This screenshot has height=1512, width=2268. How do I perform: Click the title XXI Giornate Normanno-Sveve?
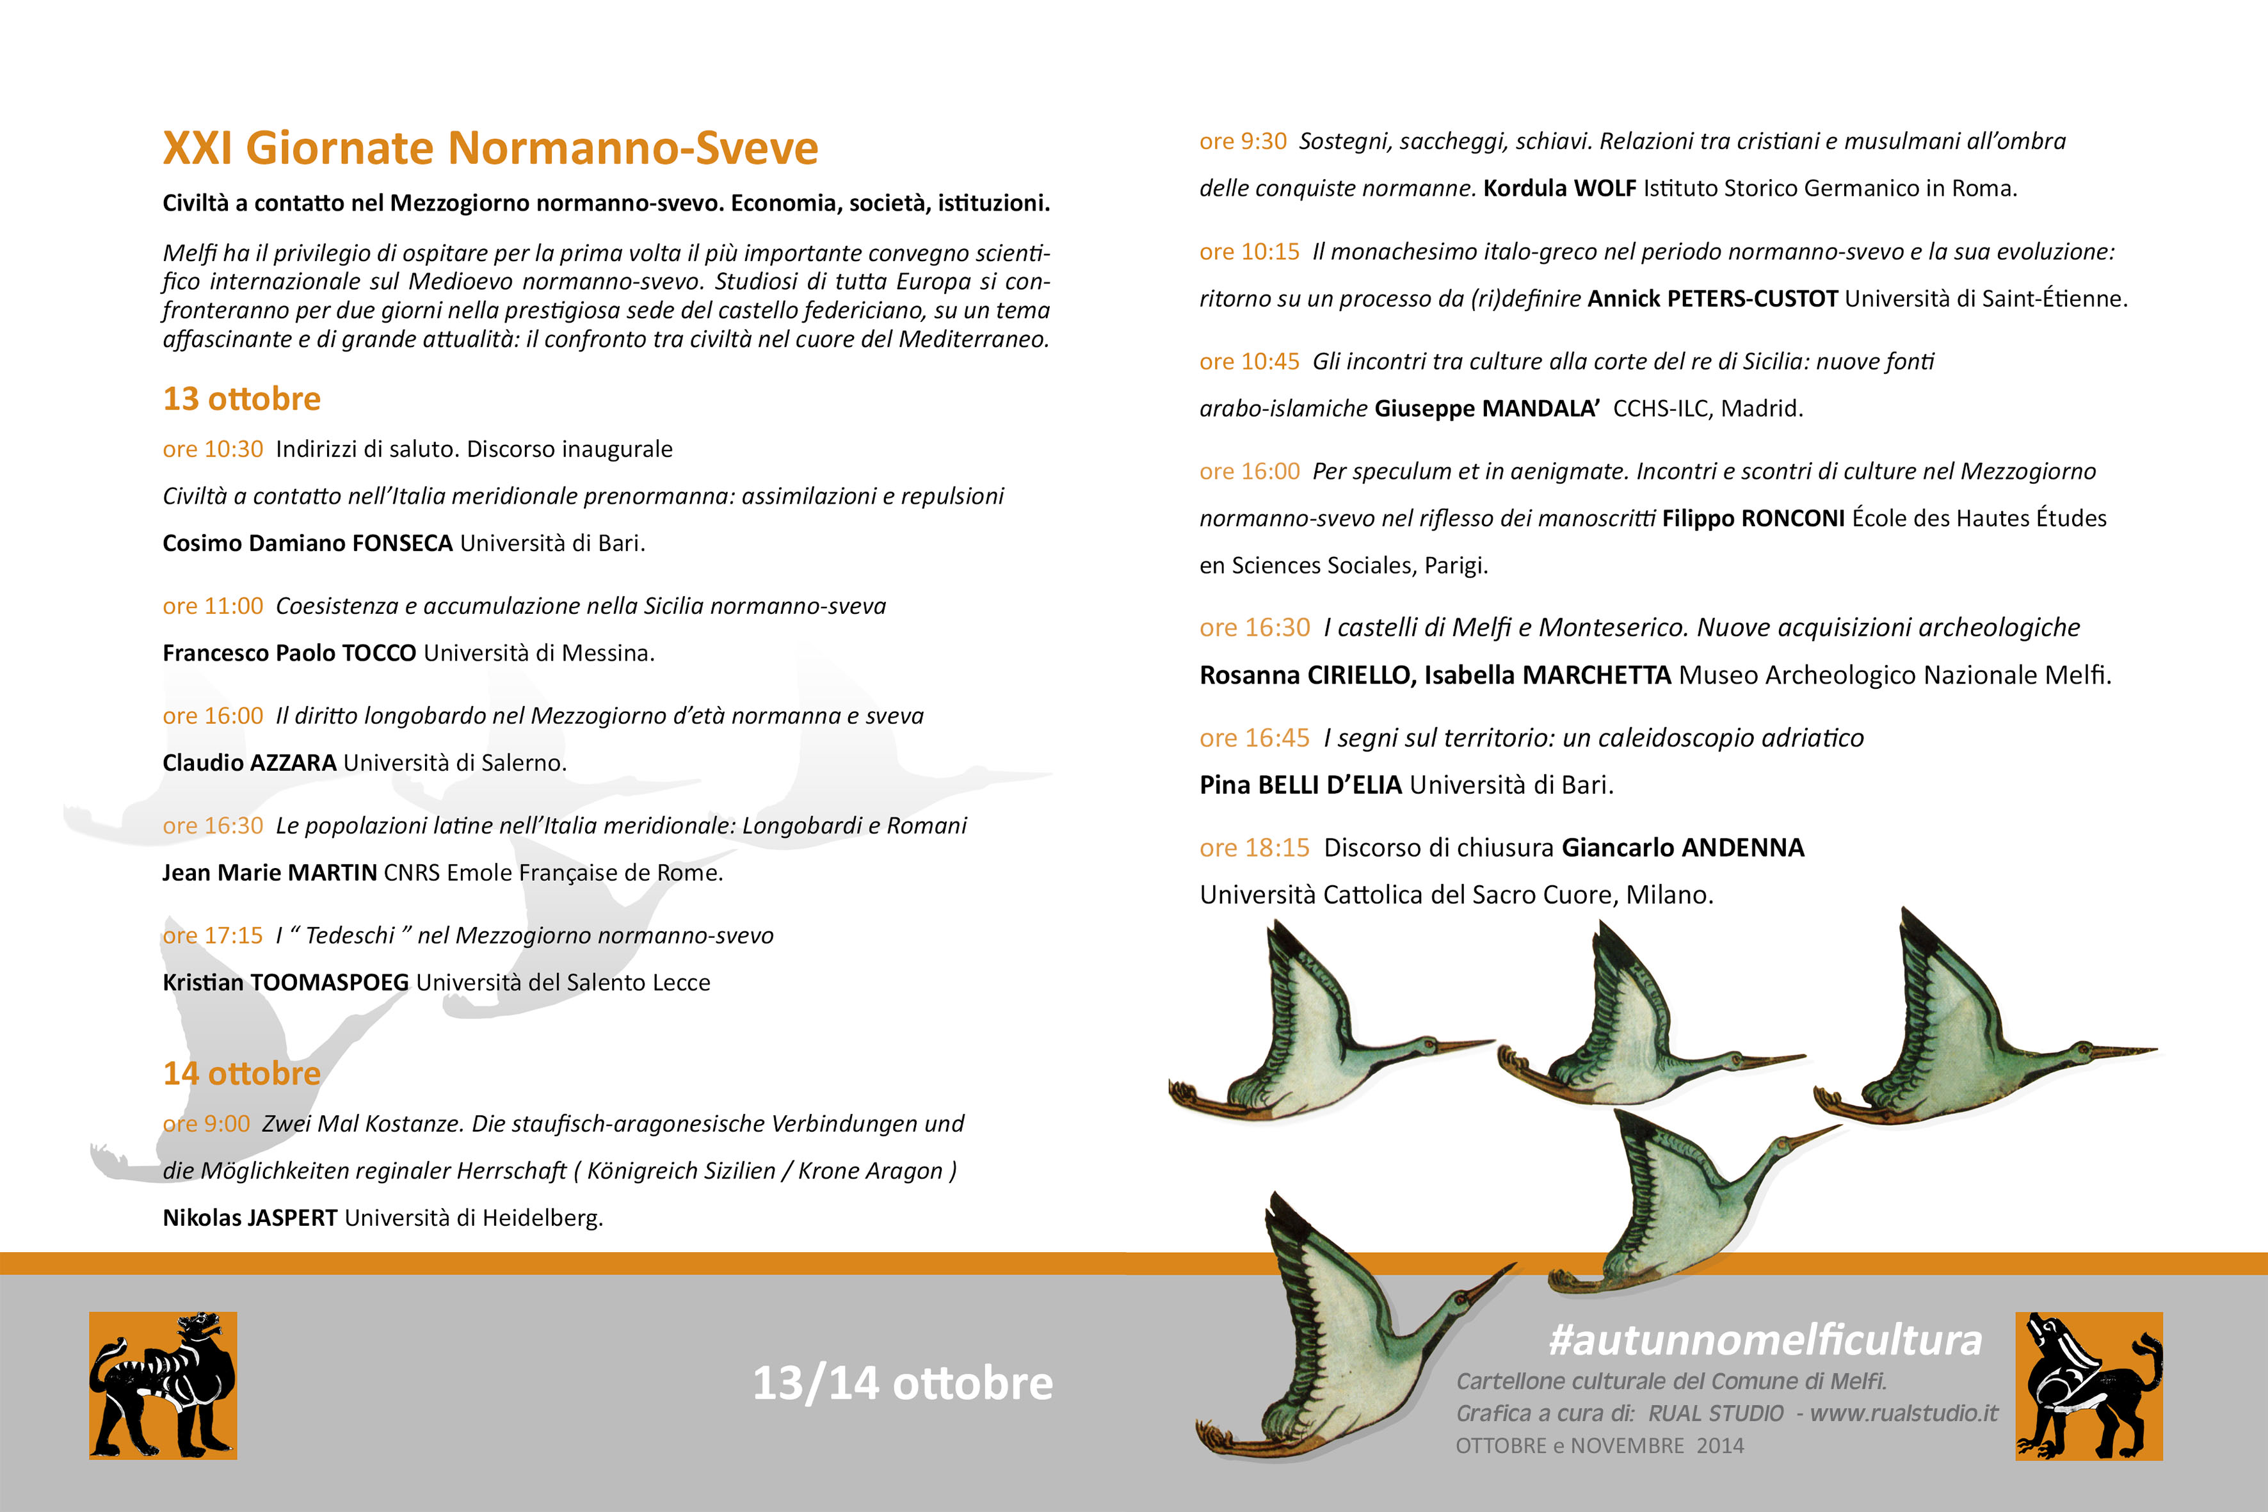point(490,149)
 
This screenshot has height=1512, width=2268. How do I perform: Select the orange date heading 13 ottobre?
point(241,398)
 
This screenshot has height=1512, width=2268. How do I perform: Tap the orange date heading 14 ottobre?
point(241,1074)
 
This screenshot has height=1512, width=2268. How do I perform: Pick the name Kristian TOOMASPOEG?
point(286,983)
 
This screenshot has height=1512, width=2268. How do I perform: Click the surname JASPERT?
point(291,1218)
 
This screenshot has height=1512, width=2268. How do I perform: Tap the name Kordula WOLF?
point(1559,188)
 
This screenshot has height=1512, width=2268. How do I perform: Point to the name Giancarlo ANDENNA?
point(1683,848)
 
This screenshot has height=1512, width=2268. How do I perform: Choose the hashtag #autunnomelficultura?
point(1765,1340)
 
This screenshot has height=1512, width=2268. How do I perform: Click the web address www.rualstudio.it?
point(1904,1413)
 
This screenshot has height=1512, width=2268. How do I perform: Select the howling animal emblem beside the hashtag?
point(2089,1386)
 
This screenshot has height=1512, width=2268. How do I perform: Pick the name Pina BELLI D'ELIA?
point(1300,785)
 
